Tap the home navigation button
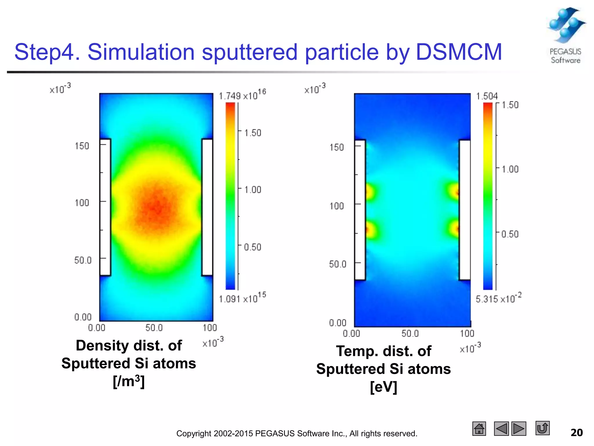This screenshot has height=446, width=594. pos(479,429)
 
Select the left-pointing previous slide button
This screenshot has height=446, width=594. pos(501,429)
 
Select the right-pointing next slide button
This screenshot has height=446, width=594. pos(519,429)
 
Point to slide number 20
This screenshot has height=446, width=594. pos(576,433)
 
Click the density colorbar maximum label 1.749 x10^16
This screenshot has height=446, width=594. pos(242,95)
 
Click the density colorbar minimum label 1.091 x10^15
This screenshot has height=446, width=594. pos(242,298)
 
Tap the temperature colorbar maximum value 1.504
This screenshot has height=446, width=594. pos(487,96)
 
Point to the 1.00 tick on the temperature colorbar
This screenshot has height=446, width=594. pos(510,169)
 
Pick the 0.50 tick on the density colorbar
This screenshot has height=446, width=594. pos(252,247)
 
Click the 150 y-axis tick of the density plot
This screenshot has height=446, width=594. pos(82,146)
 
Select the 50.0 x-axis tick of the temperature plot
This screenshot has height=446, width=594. pos(410,333)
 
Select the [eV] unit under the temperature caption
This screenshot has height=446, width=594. pos(383,387)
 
